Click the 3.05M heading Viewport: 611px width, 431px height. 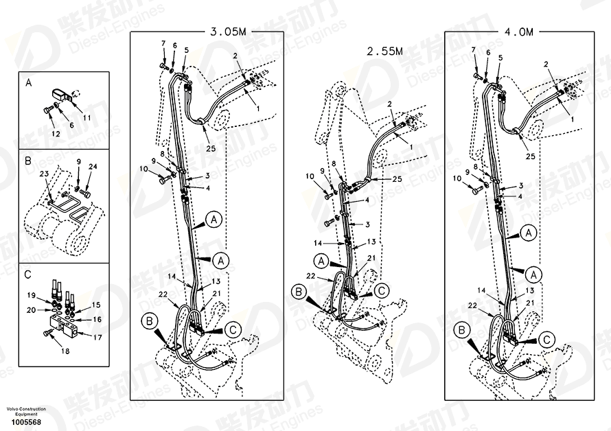pyautogui.click(x=228, y=32)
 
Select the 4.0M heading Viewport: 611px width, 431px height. pyautogui.click(x=518, y=32)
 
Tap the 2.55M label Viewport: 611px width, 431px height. pyautogui.click(x=384, y=51)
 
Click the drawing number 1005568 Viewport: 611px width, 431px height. pyautogui.click(x=26, y=422)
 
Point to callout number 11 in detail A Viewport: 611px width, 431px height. pyautogui.click(x=87, y=117)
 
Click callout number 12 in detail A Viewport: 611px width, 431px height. pyautogui.click(x=56, y=134)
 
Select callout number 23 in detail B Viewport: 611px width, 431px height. pyautogui.click(x=44, y=174)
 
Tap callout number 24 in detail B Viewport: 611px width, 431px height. pyautogui.click(x=93, y=166)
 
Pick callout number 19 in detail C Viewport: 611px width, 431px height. pyautogui.click(x=32, y=295)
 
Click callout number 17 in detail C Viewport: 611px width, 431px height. pyautogui.click(x=97, y=338)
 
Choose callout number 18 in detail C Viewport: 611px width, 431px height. pyautogui.click(x=65, y=351)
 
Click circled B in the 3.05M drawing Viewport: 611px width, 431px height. pyautogui.click(x=150, y=321)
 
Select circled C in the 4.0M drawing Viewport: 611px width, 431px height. pyautogui.click(x=546, y=340)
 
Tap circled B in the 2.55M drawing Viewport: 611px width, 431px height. pyautogui.click(x=299, y=292)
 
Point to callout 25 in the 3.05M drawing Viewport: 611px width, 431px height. pyautogui.click(x=211, y=148)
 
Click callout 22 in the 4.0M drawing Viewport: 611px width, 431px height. pyautogui.click(x=473, y=306)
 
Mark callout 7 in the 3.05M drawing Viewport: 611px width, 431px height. pyautogui.click(x=163, y=44)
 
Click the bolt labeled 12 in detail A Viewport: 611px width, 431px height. pyautogui.click(x=47, y=110)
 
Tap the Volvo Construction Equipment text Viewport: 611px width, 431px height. pyautogui.click(x=26, y=412)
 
